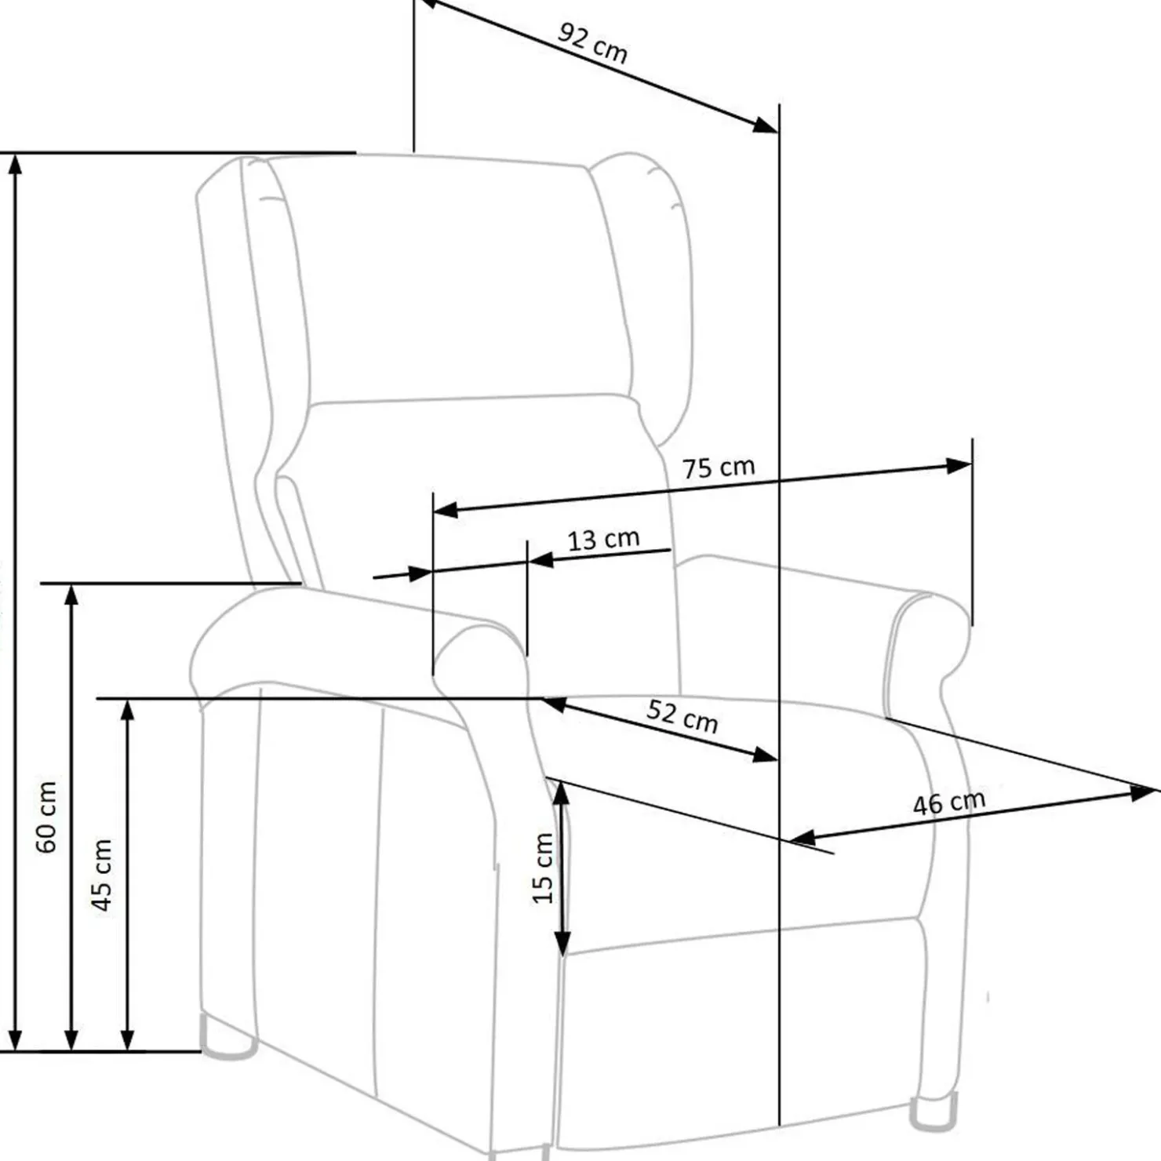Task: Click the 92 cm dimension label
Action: tap(593, 43)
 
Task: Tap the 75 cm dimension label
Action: tap(719, 468)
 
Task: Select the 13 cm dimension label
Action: tap(603, 539)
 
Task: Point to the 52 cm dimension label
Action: tap(682, 716)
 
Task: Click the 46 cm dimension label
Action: tap(948, 803)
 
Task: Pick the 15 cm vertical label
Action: tap(543, 868)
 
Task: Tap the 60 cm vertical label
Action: tap(46, 817)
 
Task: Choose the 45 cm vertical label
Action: tap(102, 875)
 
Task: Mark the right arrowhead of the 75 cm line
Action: tap(959, 466)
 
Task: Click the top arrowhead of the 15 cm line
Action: tap(562, 795)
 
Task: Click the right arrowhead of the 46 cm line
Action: tap(1144, 792)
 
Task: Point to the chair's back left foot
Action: tap(227, 1036)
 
